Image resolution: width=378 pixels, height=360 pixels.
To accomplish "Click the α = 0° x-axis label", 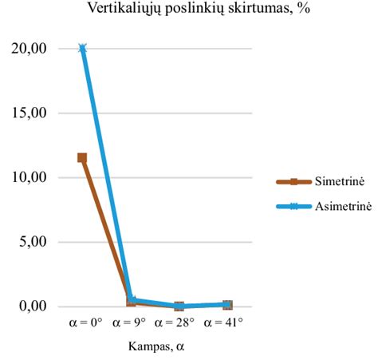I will click(x=82, y=323).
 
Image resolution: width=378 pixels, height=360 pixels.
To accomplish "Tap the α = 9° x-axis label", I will click(x=131, y=323).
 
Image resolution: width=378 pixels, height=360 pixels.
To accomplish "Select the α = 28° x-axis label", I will click(x=179, y=323).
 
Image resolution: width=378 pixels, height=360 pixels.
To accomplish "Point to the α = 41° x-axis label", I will click(x=227, y=323).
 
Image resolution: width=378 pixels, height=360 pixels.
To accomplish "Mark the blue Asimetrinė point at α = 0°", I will click(x=82, y=49).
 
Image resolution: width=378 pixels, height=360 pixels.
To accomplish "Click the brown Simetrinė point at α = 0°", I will click(x=82, y=158).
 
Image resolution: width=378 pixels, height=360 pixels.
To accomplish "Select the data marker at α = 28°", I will click(x=179, y=307).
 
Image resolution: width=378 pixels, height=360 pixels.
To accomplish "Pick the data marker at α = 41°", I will click(x=227, y=305).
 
